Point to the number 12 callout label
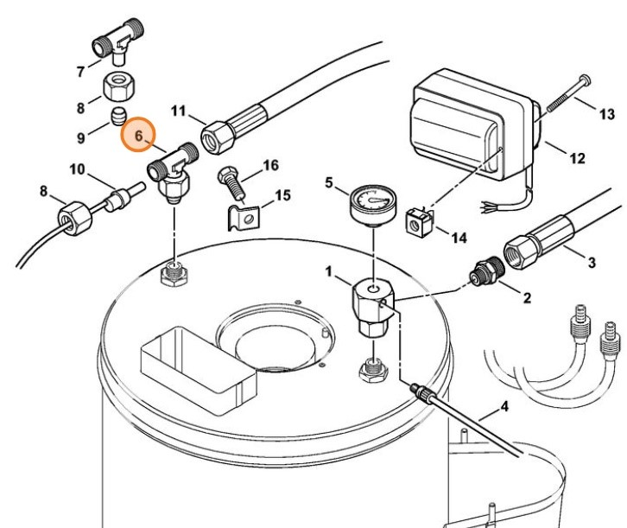[x=576, y=158]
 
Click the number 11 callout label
[x=178, y=110]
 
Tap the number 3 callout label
[x=591, y=260]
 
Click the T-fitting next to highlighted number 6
[x=175, y=168]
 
